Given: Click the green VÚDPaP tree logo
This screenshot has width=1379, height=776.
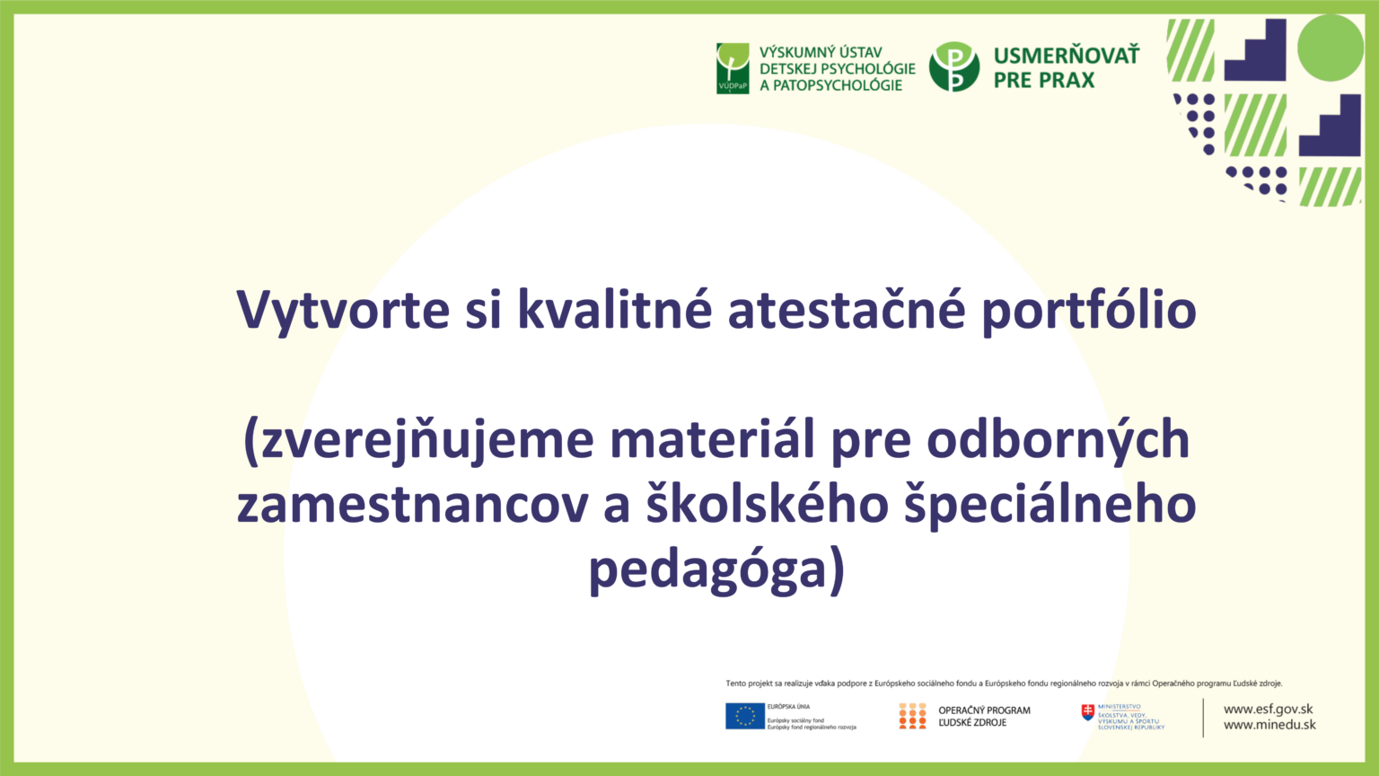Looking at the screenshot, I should click(x=733, y=68).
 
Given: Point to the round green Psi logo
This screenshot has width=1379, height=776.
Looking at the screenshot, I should click(x=953, y=67).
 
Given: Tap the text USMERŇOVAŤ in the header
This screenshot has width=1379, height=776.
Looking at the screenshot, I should click(x=1066, y=56).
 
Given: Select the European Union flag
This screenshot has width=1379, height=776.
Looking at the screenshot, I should click(x=745, y=716).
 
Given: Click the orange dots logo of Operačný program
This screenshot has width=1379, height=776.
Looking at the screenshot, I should click(x=912, y=716).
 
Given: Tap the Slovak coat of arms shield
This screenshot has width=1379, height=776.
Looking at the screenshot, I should click(x=1088, y=712).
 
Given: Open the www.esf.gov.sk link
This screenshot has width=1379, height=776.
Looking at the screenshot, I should click(x=1268, y=709).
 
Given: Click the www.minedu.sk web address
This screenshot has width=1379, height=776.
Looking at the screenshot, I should click(x=1269, y=725).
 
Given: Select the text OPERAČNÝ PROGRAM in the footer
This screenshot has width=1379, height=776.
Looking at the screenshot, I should click(x=984, y=710).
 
